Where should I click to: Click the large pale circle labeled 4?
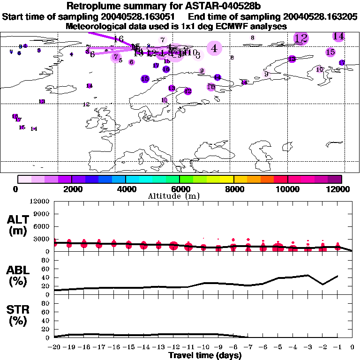[x=214, y=48]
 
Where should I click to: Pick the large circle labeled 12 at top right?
[x=301, y=38]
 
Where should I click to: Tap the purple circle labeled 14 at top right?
[x=338, y=36]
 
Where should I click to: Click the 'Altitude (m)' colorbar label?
[x=180, y=196]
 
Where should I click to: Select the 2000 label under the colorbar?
[x=71, y=189]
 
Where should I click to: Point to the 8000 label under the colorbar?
[x=233, y=189]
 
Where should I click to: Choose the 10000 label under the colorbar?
[x=287, y=189]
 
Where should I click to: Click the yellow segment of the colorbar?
[x=227, y=179]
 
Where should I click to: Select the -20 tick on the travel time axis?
[x=54, y=348]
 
